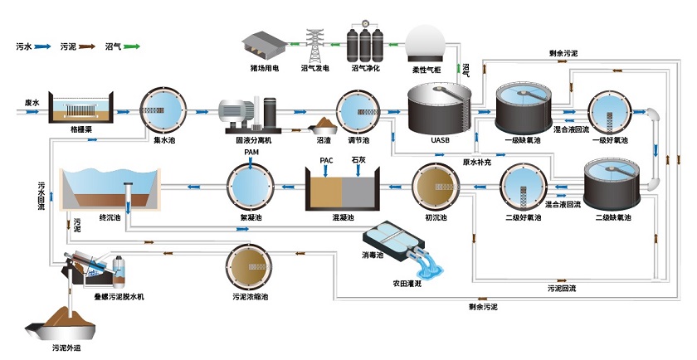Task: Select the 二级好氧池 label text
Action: coord(522,218)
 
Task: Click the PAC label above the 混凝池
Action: coord(326,158)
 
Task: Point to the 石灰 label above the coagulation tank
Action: coord(358,158)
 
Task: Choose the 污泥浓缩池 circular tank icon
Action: coord(249,266)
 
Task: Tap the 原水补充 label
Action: coord(476,163)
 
